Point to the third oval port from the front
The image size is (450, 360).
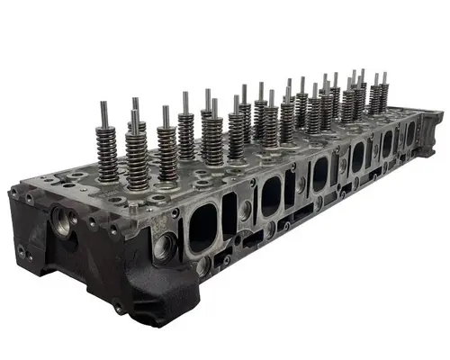(319, 174)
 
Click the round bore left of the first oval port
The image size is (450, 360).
(165, 245)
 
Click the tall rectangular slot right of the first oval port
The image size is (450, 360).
(229, 214)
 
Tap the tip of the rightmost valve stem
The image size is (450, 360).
(384, 75)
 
